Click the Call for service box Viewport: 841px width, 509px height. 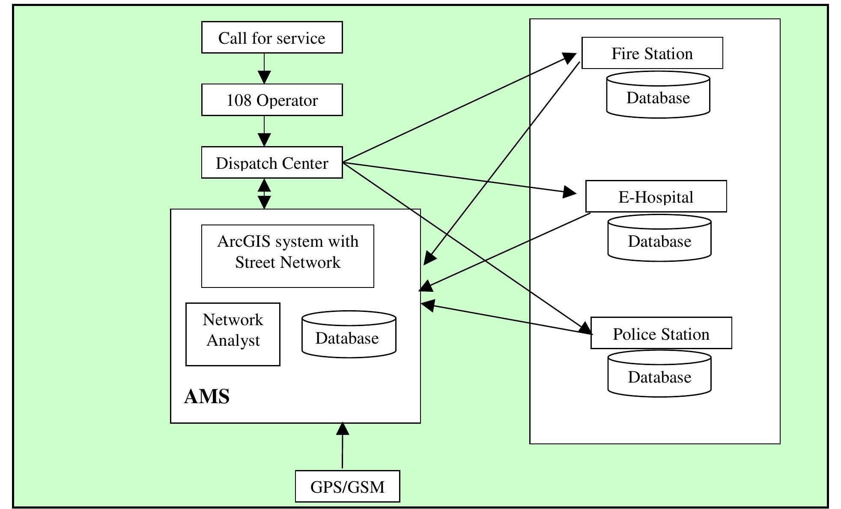pyautogui.click(x=272, y=38)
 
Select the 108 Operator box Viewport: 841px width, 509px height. pyautogui.click(x=272, y=100)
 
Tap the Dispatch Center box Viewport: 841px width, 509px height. pyautogui.click(x=272, y=163)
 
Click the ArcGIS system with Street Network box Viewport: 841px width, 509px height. pyautogui.click(x=287, y=256)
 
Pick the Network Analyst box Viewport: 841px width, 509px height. pyautogui.click(x=233, y=334)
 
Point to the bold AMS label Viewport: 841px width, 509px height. pyautogui.click(x=207, y=396)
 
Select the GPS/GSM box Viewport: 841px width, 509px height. pyautogui.click(x=347, y=486)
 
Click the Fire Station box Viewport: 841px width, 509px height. pyautogui.click(x=652, y=53)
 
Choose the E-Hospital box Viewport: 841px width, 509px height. pyautogui.click(x=656, y=196)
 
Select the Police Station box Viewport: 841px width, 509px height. pyautogui.click(x=661, y=333)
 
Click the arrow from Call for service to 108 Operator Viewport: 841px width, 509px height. pyautogui.click(x=264, y=69)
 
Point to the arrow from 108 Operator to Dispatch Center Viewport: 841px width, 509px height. pyautogui.click(x=264, y=131)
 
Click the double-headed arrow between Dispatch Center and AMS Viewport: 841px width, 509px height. pyautogui.click(x=264, y=194)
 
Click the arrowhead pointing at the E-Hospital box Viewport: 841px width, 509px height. pyautogui.click(x=570, y=192)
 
